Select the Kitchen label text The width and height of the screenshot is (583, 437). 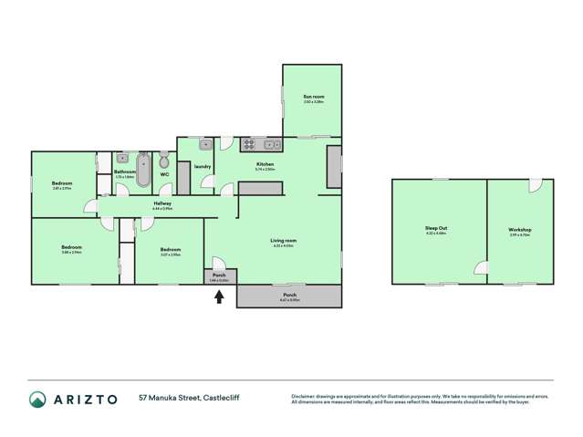(x=265, y=164)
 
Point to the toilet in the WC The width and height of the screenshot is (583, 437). (x=164, y=159)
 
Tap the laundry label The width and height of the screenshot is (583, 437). (x=203, y=167)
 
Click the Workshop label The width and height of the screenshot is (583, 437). (x=520, y=229)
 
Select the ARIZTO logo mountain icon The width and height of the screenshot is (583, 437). (x=38, y=399)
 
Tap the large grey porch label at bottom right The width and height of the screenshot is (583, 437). (x=289, y=296)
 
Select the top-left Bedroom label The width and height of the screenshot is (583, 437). (x=62, y=184)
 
